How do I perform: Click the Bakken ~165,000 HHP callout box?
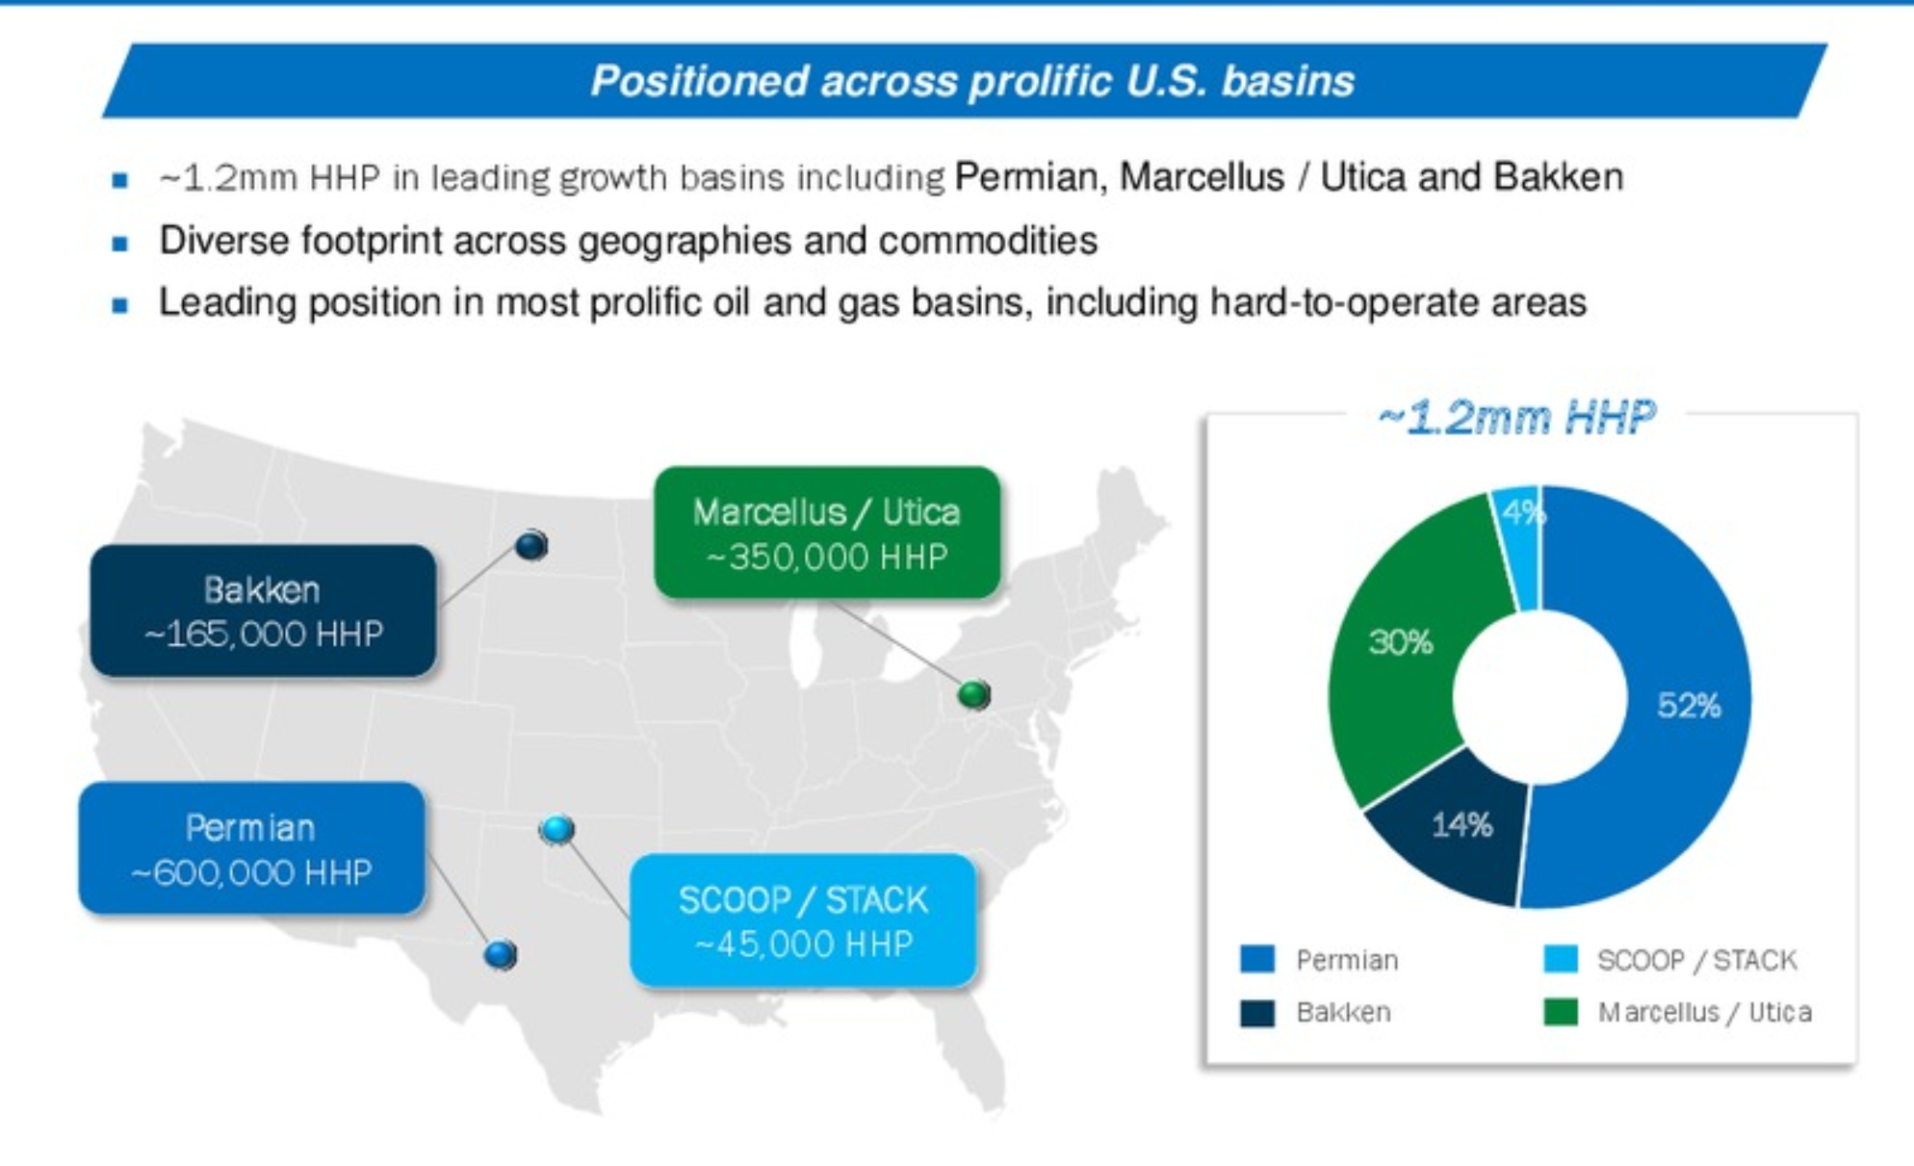[263, 610]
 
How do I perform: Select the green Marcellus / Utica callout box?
[827, 532]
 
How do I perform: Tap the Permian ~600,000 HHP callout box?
[251, 848]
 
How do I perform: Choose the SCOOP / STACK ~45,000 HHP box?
[803, 920]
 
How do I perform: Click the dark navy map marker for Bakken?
[531, 546]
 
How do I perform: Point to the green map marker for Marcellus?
[974, 693]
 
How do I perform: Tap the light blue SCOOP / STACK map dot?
[557, 828]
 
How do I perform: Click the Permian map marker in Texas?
[501, 954]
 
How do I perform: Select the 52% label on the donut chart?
[1689, 706]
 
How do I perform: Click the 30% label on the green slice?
[1401, 642]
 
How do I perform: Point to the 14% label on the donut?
[1461, 825]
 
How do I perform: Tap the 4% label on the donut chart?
[1523, 513]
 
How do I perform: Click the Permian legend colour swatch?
[1257, 959]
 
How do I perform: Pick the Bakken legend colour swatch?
[1257, 1013]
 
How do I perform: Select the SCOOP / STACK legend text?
[1696, 960]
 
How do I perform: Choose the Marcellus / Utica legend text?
[1705, 1013]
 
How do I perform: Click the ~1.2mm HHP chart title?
[1517, 418]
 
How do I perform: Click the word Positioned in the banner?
[699, 81]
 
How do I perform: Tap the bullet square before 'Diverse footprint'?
[120, 244]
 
